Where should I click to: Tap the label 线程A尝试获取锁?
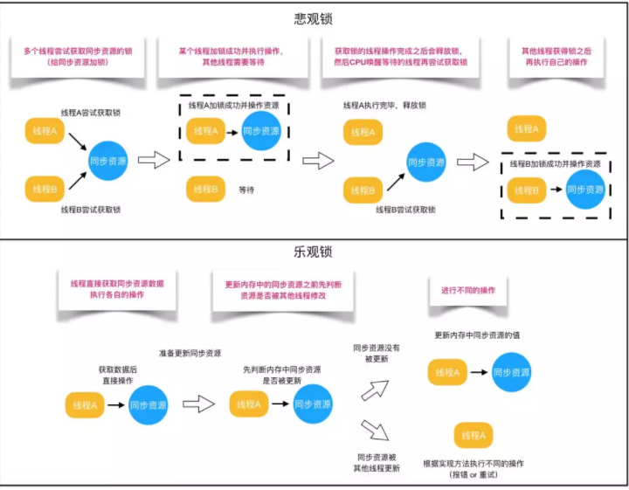coord(91,114)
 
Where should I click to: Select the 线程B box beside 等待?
coord(204,188)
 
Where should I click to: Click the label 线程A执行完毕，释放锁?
coord(384,106)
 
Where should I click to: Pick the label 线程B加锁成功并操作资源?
coord(555,163)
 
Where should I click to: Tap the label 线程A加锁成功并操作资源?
coord(234,106)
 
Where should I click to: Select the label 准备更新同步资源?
coord(190,353)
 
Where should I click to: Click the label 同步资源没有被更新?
coord(377,353)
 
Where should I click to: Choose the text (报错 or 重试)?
coord(473,474)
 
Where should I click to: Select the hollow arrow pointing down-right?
coord(374,430)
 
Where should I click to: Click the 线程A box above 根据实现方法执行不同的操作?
coord(471,435)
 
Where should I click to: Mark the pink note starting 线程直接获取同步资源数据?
coord(118,289)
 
